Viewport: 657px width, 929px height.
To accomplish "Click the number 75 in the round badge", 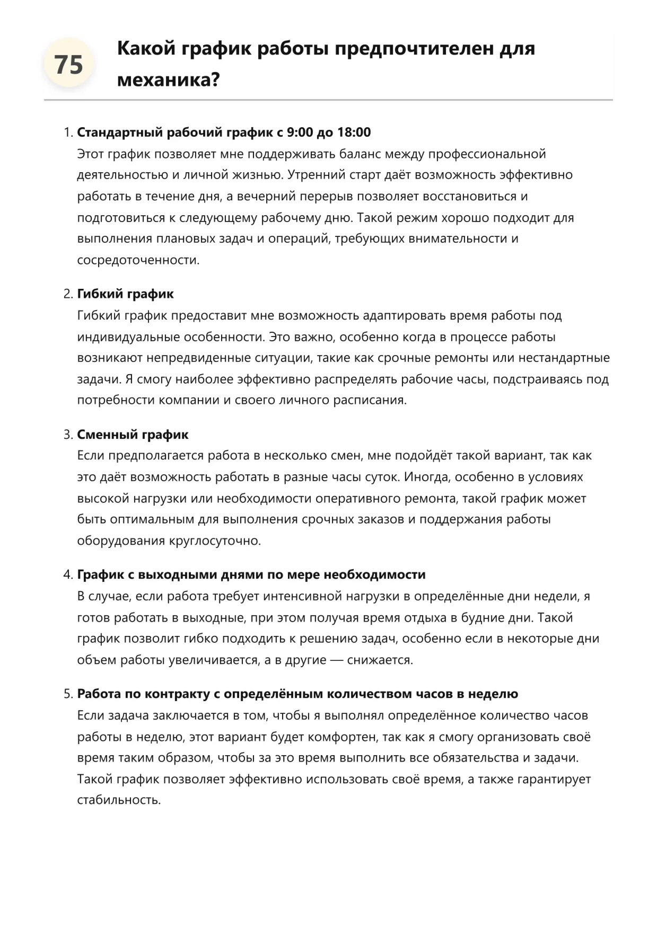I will pos(69,65).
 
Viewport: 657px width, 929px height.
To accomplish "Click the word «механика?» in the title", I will pos(168,80).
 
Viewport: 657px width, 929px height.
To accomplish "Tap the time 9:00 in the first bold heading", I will pos(300,132).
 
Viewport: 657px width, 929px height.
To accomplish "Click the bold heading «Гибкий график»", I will pos(125,294).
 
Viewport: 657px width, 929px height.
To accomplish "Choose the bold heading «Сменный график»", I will pos(133,435).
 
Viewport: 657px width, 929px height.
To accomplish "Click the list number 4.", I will pos(67,575).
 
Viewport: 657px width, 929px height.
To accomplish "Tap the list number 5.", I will pos(67,694).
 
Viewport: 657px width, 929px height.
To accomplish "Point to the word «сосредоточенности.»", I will pos(138,260).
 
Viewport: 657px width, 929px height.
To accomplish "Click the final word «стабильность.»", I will pos(119,800).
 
